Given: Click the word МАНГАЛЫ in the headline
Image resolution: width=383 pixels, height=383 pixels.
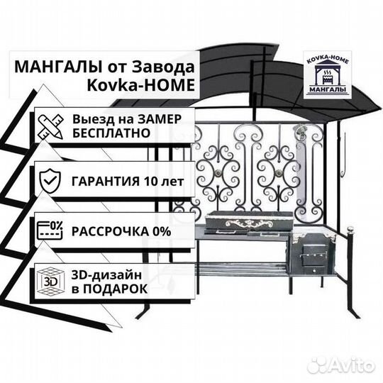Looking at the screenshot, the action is pos(58,67).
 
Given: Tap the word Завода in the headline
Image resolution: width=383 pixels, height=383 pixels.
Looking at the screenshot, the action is pos(163,67).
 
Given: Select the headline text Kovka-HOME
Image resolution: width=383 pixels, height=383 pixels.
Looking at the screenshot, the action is pos(141,85).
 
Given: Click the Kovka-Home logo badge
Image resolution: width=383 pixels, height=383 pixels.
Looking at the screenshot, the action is pos(328,74).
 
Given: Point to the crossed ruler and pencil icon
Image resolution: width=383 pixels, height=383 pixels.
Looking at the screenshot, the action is pos(50,127).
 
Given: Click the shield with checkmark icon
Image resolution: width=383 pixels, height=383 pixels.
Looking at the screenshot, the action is pos(50,181).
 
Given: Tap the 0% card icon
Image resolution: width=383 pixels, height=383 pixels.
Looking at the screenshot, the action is pos(50,230).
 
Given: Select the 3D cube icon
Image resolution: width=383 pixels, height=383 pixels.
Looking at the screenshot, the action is pos(50,281).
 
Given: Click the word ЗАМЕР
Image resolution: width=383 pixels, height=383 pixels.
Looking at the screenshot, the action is pos(160,119).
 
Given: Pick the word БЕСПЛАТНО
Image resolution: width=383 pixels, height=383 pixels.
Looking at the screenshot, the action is pos(111,133).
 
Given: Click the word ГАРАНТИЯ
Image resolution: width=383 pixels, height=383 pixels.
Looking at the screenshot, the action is pos(106,182).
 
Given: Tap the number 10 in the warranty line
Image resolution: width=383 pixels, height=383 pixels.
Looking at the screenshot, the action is pos(150,182).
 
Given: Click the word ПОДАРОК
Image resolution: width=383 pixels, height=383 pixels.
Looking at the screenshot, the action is pos(115,289).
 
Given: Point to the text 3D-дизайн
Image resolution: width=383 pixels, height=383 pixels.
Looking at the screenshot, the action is pos(106,275).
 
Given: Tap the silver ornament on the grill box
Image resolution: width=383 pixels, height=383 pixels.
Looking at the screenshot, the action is pos(249,223).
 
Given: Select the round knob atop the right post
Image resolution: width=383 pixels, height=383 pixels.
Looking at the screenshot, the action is pos(351,229).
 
